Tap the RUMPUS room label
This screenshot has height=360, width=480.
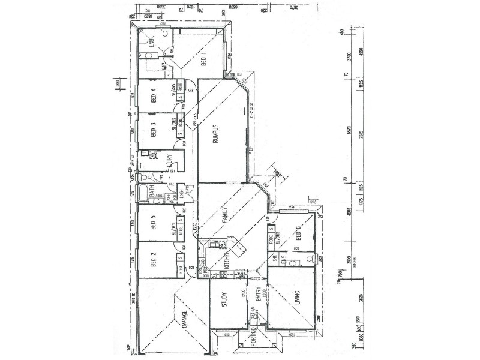tap(214, 137)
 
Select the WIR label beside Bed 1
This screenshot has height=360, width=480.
tap(164, 67)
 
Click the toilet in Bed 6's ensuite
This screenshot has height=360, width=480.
tap(308, 259)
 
